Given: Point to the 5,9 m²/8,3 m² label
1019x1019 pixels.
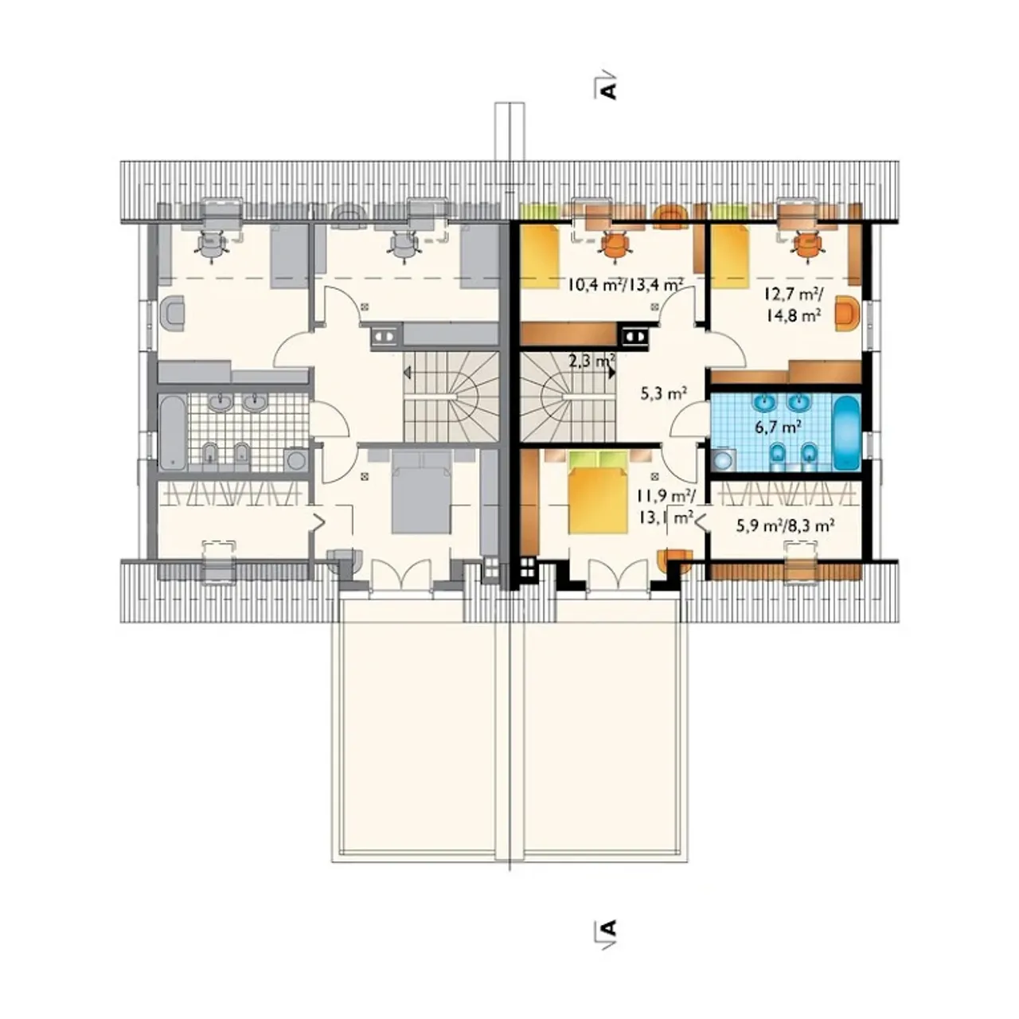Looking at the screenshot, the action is click(785, 525).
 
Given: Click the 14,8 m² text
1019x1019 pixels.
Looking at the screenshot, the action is click(793, 316).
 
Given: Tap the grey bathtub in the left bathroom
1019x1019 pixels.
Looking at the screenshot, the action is click(173, 433).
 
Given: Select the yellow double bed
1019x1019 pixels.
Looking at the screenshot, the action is click(597, 492).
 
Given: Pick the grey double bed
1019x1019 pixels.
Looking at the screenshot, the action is click(421, 492).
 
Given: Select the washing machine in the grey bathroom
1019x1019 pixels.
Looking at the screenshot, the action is click(295, 459).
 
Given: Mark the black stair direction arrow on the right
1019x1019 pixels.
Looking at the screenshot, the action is click(612, 371).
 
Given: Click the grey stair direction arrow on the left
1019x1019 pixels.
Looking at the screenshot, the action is click(408, 373).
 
